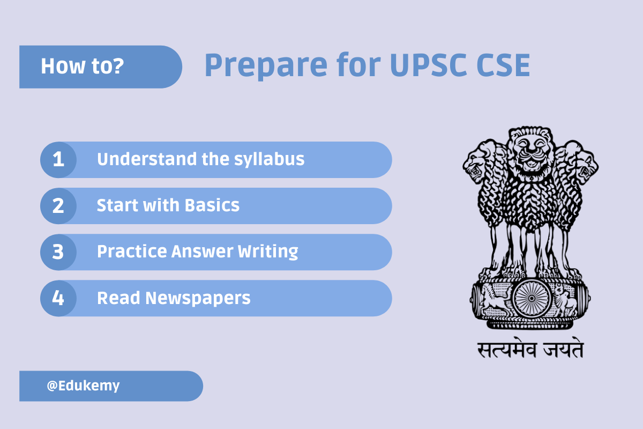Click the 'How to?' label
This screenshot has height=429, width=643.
[x=83, y=66]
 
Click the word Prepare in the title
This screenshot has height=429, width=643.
[x=266, y=66]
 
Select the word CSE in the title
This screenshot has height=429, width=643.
[x=503, y=65]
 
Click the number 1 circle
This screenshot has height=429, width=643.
[x=58, y=160]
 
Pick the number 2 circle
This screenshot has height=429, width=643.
[x=58, y=206]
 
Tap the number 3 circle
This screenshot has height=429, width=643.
[x=58, y=252]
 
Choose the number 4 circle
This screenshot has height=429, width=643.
[x=58, y=298]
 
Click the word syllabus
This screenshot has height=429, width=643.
[x=269, y=160]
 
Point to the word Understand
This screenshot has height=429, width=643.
[x=147, y=159]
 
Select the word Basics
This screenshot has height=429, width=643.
[x=212, y=205]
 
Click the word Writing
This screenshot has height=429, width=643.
[x=268, y=252]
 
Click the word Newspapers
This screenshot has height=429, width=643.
[x=198, y=299]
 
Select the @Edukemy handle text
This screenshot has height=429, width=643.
[x=83, y=386]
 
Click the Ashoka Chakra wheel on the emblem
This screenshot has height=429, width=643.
[x=532, y=299]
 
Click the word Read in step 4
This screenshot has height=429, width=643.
[x=118, y=298]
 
